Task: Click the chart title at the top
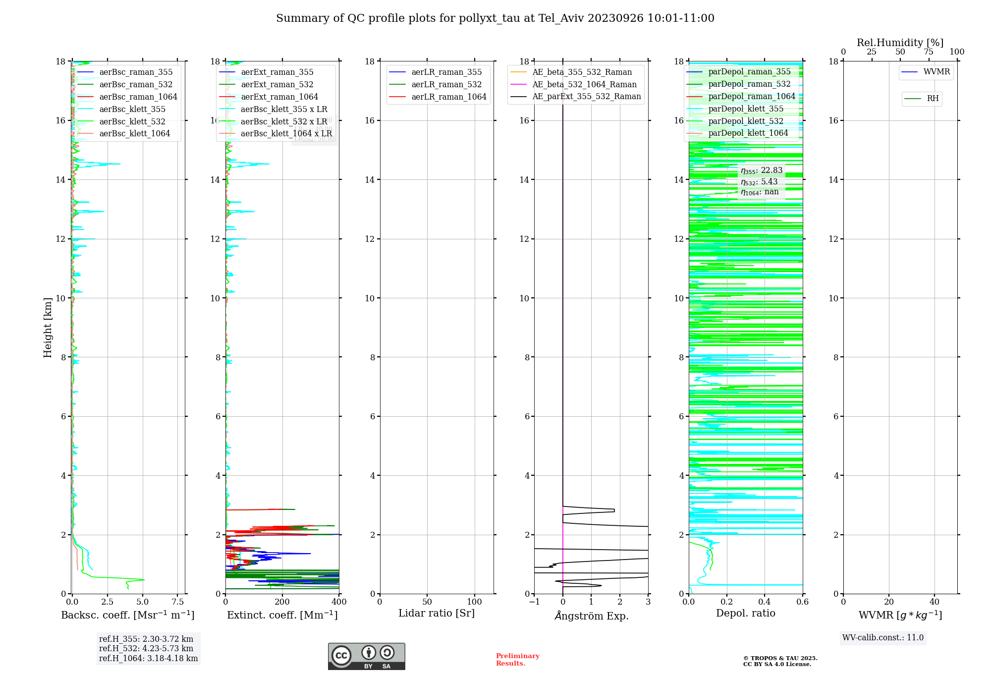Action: (x=495, y=18)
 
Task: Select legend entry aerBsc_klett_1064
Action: (x=134, y=134)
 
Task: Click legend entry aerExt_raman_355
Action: (x=277, y=72)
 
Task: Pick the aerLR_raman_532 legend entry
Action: (x=446, y=85)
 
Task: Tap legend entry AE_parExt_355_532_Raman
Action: (x=586, y=97)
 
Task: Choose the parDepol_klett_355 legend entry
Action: (x=746, y=109)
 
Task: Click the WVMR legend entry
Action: (x=936, y=72)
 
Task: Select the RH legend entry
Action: (x=933, y=99)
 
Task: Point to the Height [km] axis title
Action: (x=48, y=328)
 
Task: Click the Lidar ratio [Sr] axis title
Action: (x=437, y=614)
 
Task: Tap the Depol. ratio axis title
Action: (x=745, y=614)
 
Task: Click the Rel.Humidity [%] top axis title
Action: (x=900, y=43)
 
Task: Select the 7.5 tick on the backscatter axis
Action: (x=178, y=602)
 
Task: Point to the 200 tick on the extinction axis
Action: (x=282, y=602)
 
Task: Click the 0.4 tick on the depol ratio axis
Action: (x=765, y=602)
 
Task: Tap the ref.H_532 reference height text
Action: (x=146, y=649)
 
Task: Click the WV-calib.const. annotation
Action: (x=883, y=638)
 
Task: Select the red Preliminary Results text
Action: (x=517, y=660)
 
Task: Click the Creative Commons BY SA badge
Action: (x=366, y=656)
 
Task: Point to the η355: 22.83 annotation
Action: (x=762, y=171)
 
